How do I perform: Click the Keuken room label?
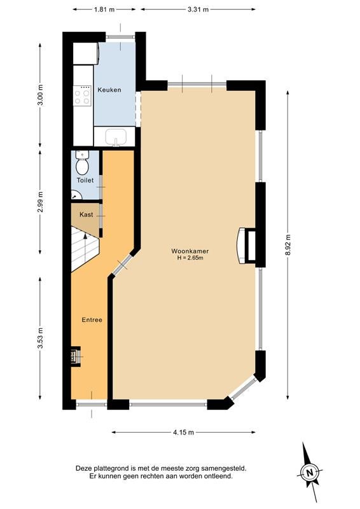[x=109, y=90]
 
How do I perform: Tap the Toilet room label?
[x=85, y=180]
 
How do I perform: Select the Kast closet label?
[x=86, y=214]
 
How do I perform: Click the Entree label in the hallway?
[x=92, y=320]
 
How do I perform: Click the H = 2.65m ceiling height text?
[x=190, y=258]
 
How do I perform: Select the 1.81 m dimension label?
[x=104, y=10]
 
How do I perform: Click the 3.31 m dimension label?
[x=198, y=10]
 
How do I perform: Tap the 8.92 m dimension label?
[x=288, y=245]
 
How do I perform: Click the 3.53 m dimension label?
[x=40, y=338]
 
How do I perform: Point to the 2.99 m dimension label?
[x=40, y=202]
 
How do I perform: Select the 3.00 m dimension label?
[x=40, y=95]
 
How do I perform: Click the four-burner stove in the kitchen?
[x=82, y=95]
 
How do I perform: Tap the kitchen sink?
[x=115, y=137]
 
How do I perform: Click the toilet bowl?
[x=82, y=163]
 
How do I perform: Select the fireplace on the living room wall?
[x=246, y=246]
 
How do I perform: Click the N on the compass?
[x=310, y=471]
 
